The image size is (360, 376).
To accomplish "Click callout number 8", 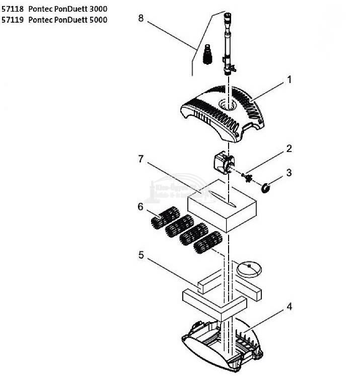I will (141, 18).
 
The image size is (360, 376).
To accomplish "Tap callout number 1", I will (289, 80).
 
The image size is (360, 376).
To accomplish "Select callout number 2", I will (289, 148).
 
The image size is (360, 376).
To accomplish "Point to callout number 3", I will (289, 173).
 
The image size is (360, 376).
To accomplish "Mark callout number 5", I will (141, 255).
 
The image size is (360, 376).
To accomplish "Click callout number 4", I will (289, 306).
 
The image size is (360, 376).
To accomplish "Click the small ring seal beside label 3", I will (266, 188).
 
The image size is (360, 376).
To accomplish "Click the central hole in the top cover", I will (228, 105).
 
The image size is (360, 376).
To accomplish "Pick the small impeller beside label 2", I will (247, 177).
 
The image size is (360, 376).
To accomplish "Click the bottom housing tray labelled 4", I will (222, 342).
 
